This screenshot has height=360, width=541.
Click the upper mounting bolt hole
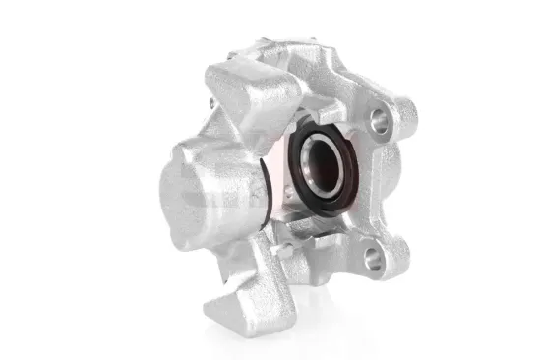coord(377,124)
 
